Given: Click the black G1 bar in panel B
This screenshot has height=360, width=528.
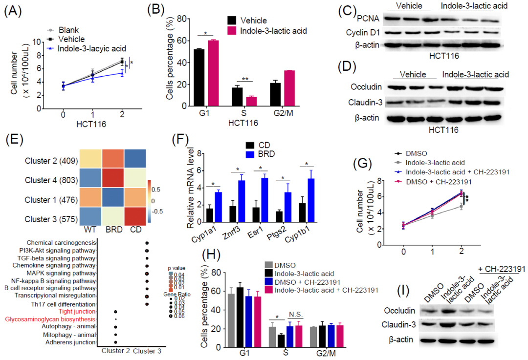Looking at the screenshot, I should tap(199, 78).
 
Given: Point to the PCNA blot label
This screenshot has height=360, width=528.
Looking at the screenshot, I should tap(369, 19).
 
